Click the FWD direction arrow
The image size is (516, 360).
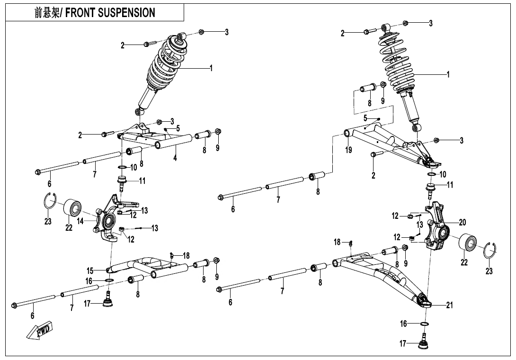pos(40,330)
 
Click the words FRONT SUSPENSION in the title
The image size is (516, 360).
pos(110,13)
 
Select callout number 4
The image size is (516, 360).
pos(175,158)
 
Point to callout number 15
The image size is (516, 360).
pos(90,271)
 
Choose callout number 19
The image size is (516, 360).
pos(349,150)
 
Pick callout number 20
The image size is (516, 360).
pos(463,222)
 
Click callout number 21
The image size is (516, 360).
pos(449,305)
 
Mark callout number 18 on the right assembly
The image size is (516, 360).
pos(337,242)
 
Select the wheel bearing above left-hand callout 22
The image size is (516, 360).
pos(71,208)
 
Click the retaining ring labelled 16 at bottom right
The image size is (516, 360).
pos(425,324)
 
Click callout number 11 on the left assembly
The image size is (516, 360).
pos(142,180)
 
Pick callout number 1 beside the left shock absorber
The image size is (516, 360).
pos(211,68)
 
